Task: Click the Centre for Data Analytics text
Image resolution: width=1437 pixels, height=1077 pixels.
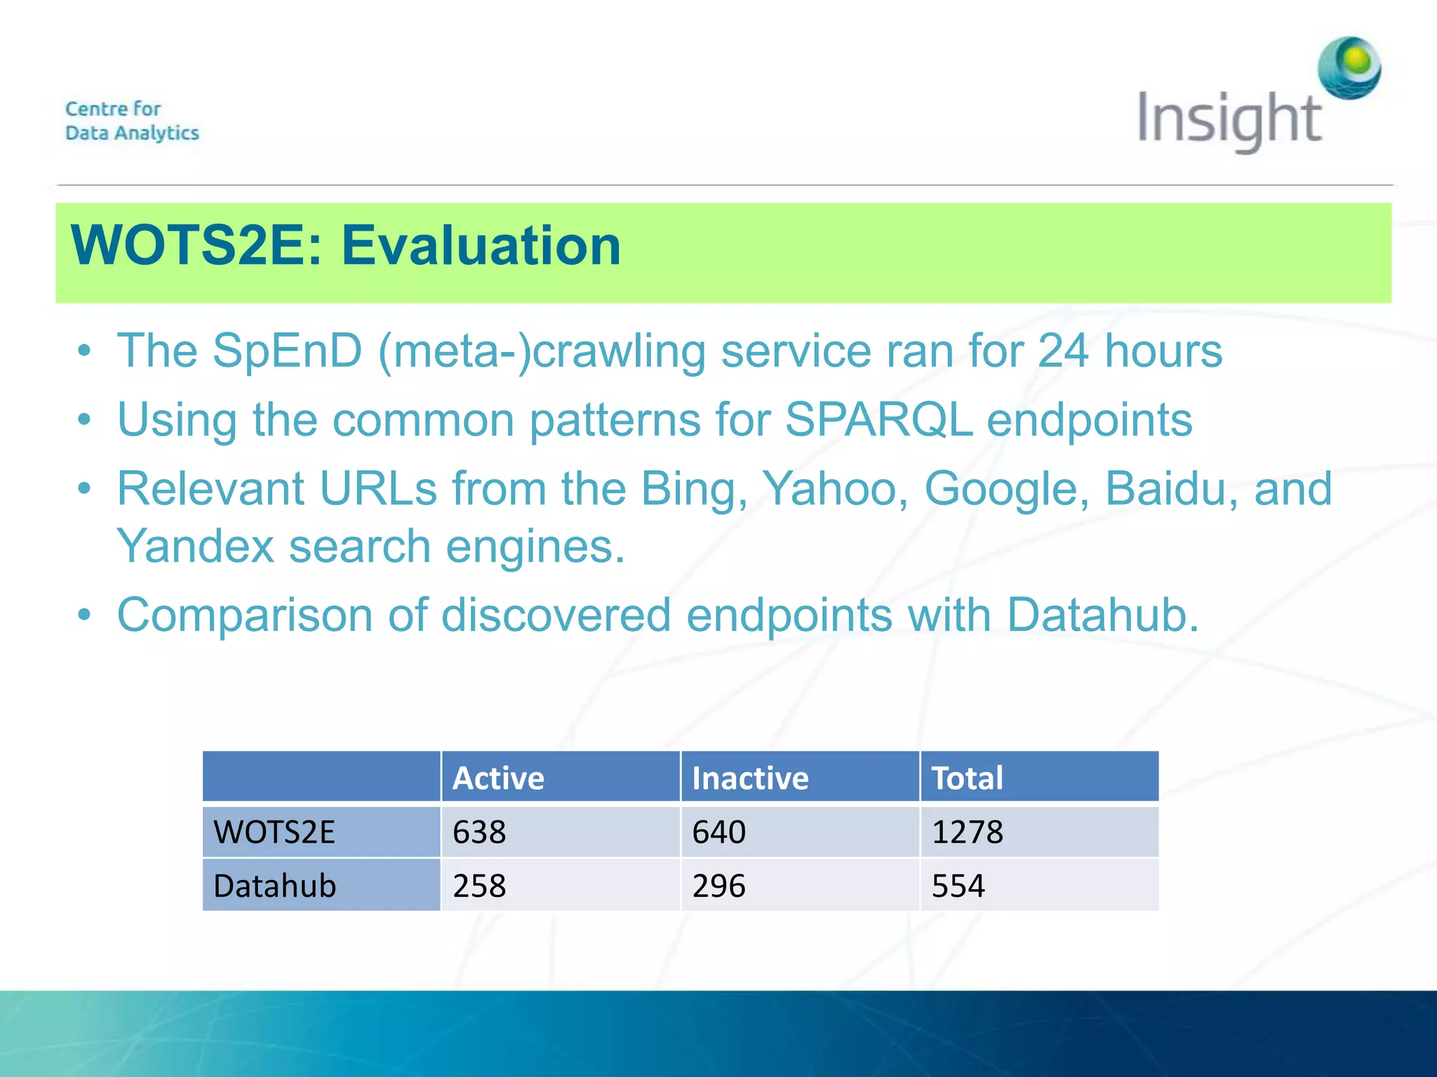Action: tap(132, 121)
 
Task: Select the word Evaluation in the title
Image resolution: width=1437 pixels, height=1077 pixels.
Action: tap(481, 246)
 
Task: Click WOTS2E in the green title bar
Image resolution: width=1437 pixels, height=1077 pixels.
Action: tap(196, 246)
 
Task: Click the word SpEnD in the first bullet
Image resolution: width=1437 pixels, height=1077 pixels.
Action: tap(287, 351)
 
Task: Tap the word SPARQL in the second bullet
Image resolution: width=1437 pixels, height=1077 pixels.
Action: tap(878, 420)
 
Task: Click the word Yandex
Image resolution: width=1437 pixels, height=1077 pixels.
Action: tap(195, 546)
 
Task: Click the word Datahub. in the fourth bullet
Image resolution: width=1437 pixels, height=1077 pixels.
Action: tap(1102, 615)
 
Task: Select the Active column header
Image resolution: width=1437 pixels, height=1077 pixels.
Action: tap(498, 778)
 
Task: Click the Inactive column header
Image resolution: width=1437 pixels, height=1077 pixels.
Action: tap(750, 778)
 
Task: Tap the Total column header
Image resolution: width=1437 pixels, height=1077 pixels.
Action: tap(967, 778)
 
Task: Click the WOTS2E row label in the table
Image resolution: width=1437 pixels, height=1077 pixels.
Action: tap(274, 832)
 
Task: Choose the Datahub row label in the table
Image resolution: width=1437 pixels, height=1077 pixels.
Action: tap(274, 886)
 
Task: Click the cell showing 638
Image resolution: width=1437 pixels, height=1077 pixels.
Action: tap(479, 832)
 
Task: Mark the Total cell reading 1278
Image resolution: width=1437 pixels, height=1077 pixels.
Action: tap(967, 832)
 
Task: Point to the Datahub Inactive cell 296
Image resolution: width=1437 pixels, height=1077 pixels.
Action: tap(718, 886)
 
